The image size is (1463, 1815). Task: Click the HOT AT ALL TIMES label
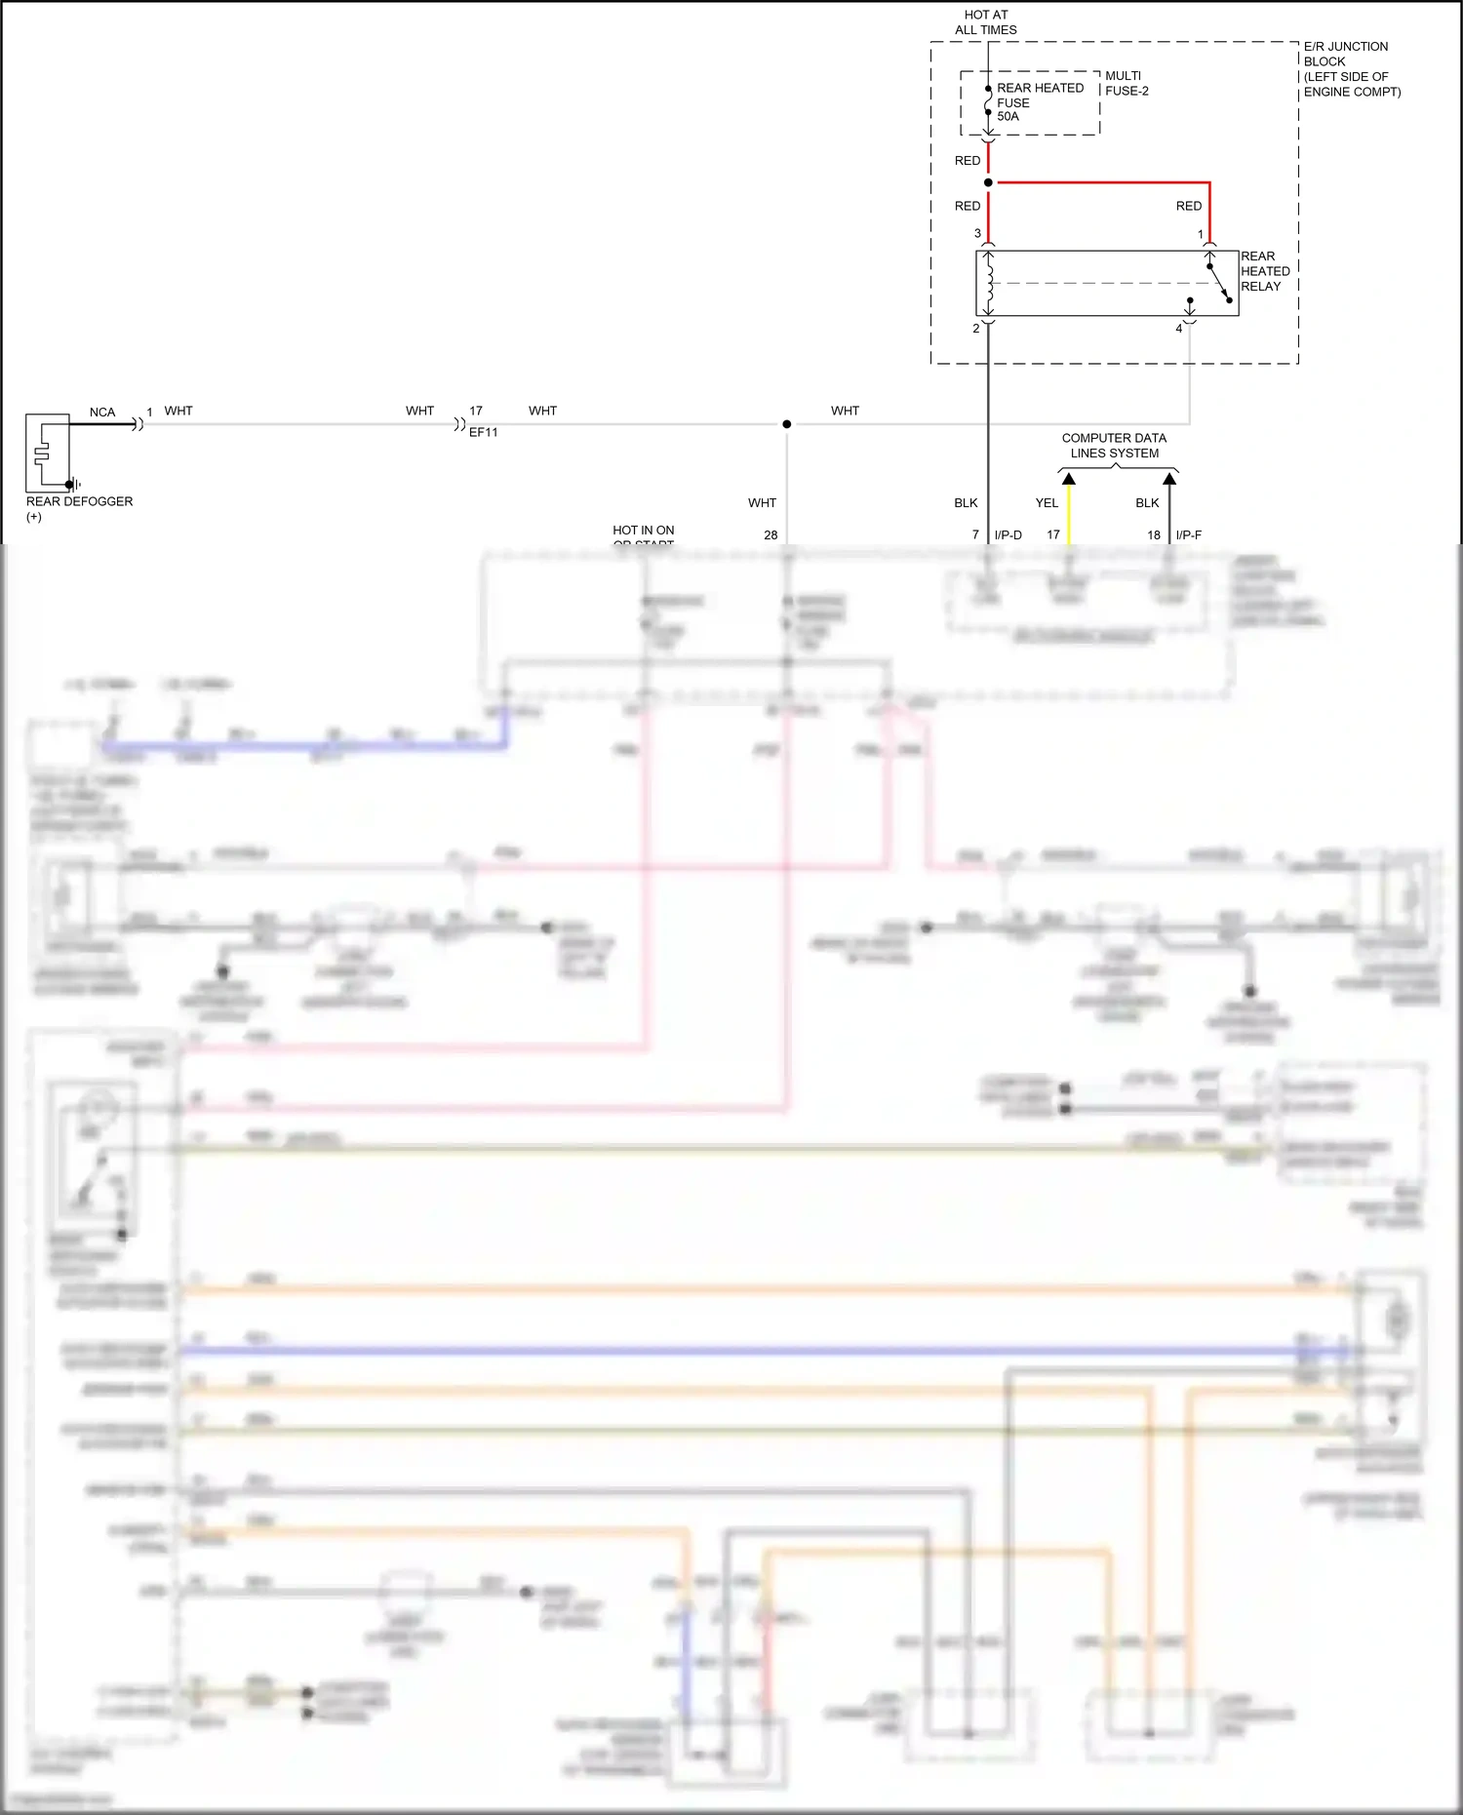pyautogui.click(x=985, y=22)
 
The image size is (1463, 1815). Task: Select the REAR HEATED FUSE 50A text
pyautogui.click(x=1039, y=101)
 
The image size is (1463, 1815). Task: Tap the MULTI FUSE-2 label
pyautogui.click(x=1127, y=83)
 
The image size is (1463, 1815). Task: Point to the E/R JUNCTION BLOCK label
pyautogui.click(x=1351, y=68)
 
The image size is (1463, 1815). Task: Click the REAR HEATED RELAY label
pyautogui.click(x=1264, y=271)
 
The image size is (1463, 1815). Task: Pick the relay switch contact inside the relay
pyautogui.click(x=1219, y=283)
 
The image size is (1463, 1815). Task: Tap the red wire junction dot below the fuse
pyautogui.click(x=988, y=182)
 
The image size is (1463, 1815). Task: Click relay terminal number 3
pyautogui.click(x=977, y=233)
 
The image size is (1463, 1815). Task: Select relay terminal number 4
pyautogui.click(x=1178, y=329)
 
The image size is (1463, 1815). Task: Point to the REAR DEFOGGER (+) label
pyautogui.click(x=78, y=508)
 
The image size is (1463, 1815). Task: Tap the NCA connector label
pyautogui.click(x=101, y=413)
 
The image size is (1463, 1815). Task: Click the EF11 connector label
pyautogui.click(x=483, y=432)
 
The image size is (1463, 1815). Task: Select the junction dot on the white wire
pyautogui.click(x=787, y=424)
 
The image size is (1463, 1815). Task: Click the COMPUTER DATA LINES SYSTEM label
pyautogui.click(x=1114, y=446)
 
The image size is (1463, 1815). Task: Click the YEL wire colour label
pyautogui.click(x=1047, y=503)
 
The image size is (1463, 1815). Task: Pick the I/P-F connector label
pyautogui.click(x=1188, y=535)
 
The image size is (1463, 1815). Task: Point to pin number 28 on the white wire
pyautogui.click(x=771, y=535)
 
